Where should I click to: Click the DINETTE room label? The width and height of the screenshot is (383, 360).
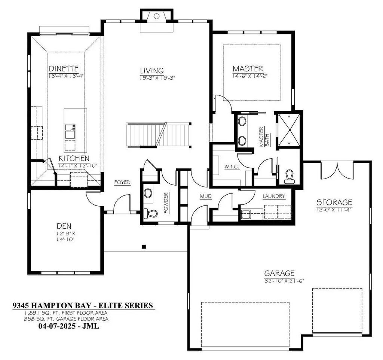point(64,68)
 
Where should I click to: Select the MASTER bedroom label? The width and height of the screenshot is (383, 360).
point(248,68)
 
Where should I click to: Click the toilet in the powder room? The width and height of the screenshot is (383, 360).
point(151,214)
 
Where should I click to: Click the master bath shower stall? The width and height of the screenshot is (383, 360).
point(288,129)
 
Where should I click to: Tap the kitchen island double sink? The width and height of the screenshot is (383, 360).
point(70,131)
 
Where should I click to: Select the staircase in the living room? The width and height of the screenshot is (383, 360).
point(158,134)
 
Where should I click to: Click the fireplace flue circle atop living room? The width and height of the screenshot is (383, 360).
point(157,16)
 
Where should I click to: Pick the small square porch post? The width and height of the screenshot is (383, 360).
point(143,247)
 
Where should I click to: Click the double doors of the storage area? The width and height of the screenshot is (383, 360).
point(337,170)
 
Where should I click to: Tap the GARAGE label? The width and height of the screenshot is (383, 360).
point(279,273)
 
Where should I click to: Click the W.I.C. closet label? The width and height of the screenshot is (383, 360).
point(229,167)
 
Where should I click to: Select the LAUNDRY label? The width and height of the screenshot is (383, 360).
point(274,196)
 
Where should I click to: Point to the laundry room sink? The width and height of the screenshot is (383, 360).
point(246,214)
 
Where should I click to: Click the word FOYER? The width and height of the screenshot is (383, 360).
point(122,183)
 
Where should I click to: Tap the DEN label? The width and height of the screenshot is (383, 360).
point(64,226)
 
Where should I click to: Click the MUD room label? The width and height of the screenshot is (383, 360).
point(204,196)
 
